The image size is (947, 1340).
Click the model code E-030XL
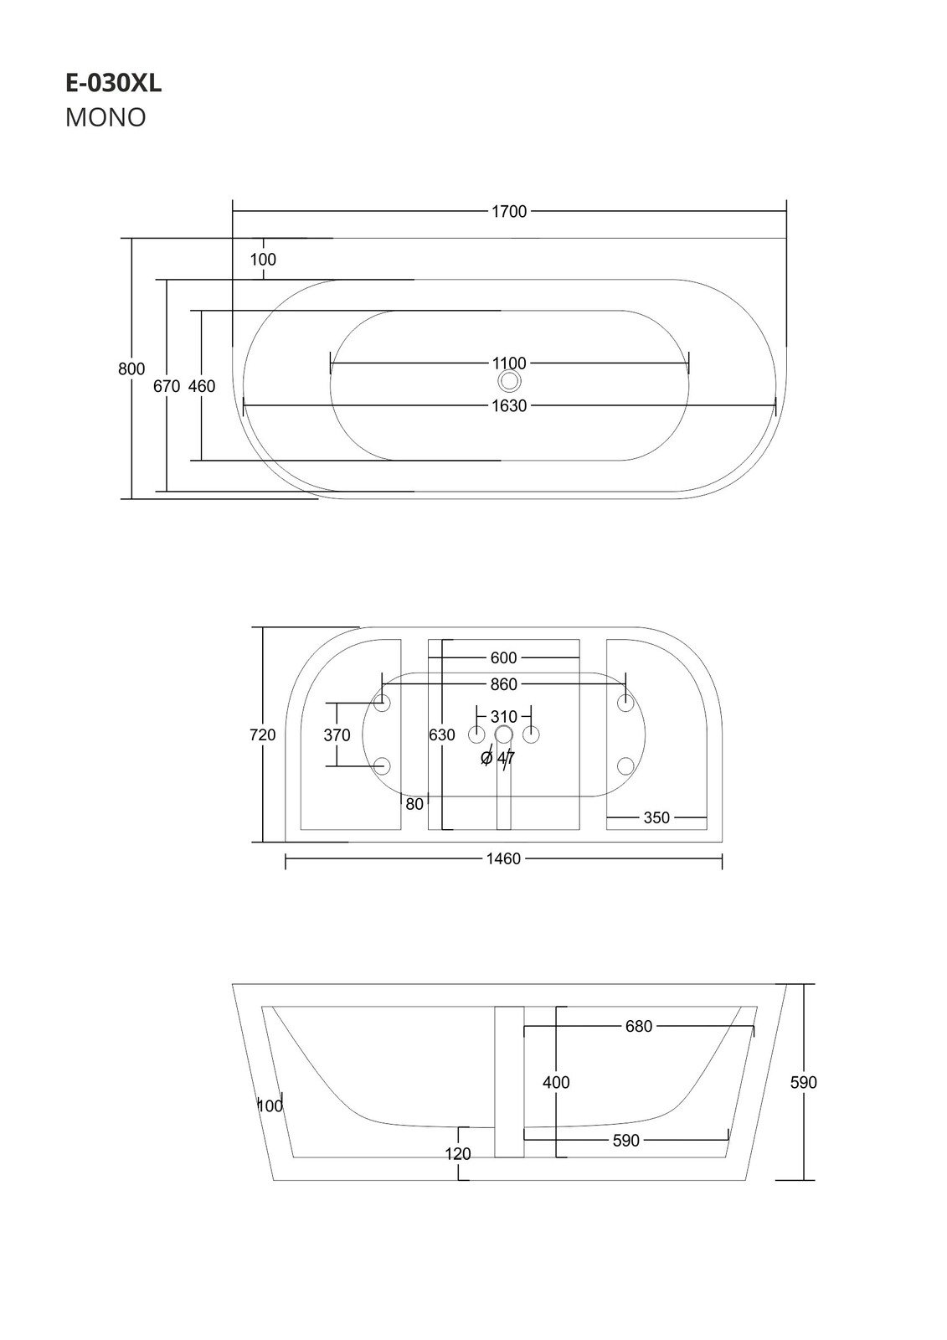click(x=113, y=83)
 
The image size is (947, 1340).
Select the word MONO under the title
click(x=106, y=118)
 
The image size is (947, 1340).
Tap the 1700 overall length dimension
click(x=508, y=212)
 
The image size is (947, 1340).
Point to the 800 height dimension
click(x=131, y=369)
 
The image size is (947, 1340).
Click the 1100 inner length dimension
click(x=508, y=363)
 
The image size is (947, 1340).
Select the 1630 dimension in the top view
click(x=508, y=407)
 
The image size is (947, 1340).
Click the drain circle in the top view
click(x=509, y=382)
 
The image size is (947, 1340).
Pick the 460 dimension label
click(x=202, y=387)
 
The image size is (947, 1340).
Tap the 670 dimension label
click(x=167, y=387)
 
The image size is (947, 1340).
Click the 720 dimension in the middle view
click(x=262, y=735)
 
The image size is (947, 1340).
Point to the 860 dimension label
click(x=503, y=685)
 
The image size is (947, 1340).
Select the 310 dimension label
click(x=503, y=717)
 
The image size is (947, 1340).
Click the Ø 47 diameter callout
click(x=498, y=758)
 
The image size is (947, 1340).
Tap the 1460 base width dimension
click(x=503, y=859)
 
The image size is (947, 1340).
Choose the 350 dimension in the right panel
click(x=656, y=817)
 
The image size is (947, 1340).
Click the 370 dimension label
click(x=337, y=735)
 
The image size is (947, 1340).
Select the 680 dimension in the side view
click(x=638, y=1027)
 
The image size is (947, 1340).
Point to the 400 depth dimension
click(x=556, y=1083)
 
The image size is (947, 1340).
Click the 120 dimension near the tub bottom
click(x=458, y=1154)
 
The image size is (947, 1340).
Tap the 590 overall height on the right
click(x=804, y=1083)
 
